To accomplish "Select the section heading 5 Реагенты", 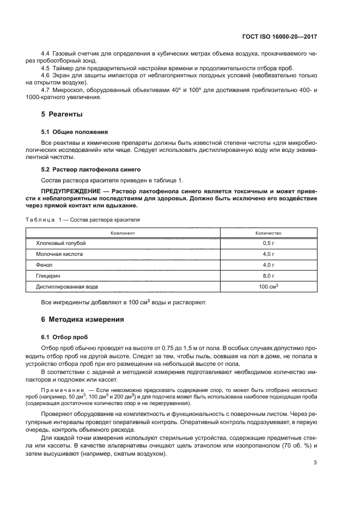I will coord(62,114).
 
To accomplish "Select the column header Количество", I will coord(268,233).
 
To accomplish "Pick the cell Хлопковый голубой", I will coord(61,243).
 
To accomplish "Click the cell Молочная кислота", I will coord(59,254).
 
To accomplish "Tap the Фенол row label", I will coord(44,265).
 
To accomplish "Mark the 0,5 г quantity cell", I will coord(268,243).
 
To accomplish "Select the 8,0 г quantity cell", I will coord(268,275).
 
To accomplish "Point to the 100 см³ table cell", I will coord(269,286).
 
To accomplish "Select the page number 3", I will coord(315,463).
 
